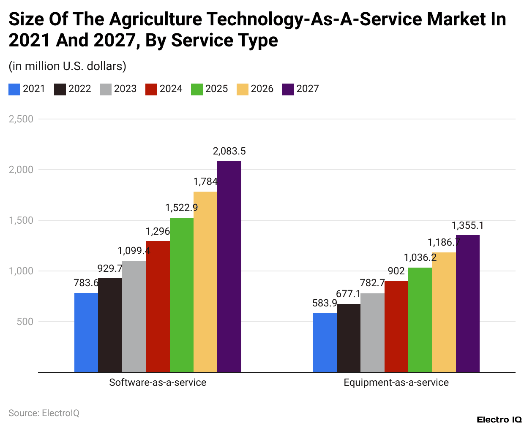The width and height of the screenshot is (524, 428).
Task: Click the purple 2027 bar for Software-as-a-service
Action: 229,266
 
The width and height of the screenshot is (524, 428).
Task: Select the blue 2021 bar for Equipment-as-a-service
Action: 325,342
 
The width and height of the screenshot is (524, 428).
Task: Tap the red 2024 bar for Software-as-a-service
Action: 158,306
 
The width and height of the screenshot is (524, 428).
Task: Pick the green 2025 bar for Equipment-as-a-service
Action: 420,320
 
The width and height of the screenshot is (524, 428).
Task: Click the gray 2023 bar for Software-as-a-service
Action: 134,317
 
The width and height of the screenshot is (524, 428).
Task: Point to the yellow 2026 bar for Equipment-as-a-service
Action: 444,312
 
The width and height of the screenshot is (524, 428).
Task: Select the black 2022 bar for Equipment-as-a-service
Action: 349,338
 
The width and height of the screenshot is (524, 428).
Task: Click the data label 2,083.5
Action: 229,151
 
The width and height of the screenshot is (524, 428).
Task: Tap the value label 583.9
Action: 325,303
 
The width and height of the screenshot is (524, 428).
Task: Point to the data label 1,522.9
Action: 181,208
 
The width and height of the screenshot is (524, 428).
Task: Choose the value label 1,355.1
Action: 467,225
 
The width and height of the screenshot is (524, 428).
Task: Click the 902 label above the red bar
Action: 396,271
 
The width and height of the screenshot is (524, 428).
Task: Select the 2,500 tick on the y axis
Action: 21,119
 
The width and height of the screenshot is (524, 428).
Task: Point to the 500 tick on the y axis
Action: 25,322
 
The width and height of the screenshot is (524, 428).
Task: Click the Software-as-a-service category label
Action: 158,382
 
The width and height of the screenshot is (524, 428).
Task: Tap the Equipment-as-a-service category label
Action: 396,382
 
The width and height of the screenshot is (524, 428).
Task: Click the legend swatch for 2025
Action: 197,89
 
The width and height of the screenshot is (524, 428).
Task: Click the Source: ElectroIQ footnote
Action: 44,413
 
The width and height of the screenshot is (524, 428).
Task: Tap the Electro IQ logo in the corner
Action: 499,420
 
